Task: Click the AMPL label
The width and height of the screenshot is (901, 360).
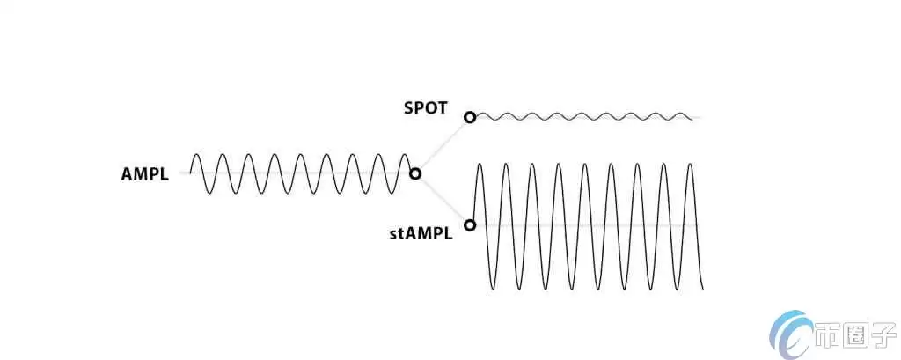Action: click(144, 173)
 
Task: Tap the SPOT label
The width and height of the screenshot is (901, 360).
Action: click(426, 109)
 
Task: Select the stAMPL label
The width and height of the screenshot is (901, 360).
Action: click(421, 234)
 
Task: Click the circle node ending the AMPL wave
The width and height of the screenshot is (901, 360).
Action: click(415, 173)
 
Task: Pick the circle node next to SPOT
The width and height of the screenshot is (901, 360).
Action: click(470, 117)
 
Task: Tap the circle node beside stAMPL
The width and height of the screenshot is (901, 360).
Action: click(470, 225)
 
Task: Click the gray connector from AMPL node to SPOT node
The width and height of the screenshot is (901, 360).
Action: click(443, 145)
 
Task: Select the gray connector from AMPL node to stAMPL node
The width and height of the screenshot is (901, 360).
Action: click(443, 200)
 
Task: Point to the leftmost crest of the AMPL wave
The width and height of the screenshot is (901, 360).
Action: click(197, 155)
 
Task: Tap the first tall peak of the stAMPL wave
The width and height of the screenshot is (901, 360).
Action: click(480, 164)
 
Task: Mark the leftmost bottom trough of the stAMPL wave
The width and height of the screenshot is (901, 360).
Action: click(493, 289)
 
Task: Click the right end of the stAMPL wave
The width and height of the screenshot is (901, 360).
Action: click(703, 288)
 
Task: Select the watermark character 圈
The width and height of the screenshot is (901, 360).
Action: click(853, 337)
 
